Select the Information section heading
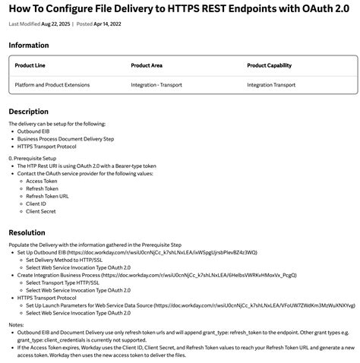click(x=29, y=46)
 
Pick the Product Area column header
click(x=147, y=65)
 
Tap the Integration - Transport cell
click(x=156, y=85)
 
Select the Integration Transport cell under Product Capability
click(x=271, y=85)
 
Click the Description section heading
click(x=29, y=112)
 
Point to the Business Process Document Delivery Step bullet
click(x=65, y=138)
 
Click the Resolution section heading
click(x=27, y=232)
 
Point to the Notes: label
click(x=17, y=324)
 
